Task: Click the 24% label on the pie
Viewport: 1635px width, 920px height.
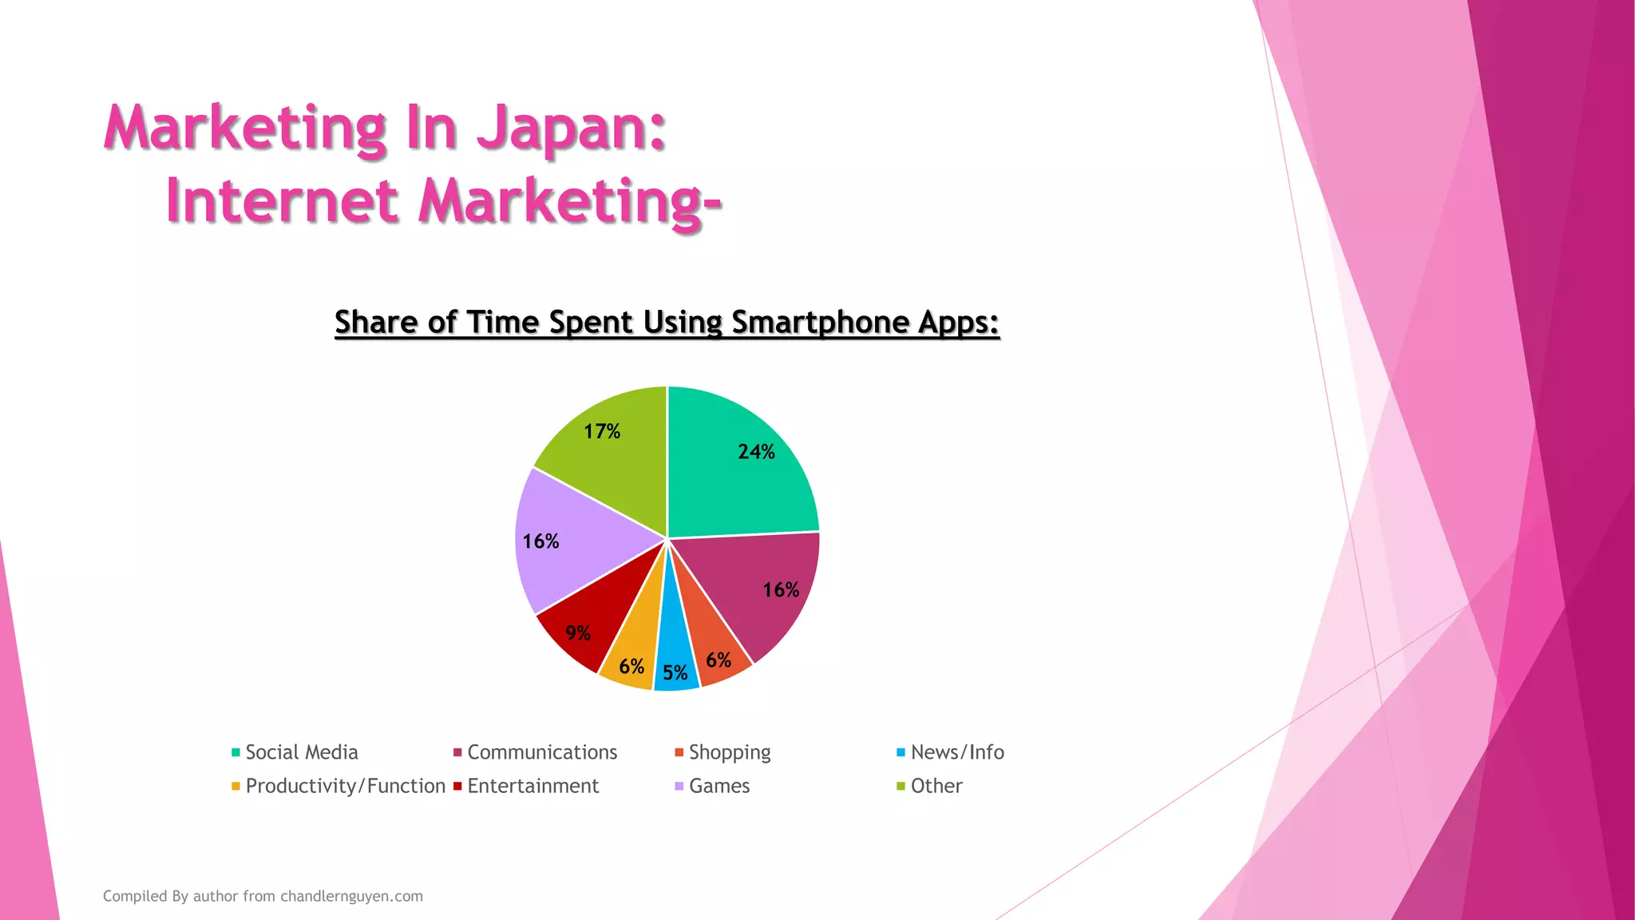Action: pos(756,452)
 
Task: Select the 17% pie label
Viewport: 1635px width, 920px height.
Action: pos(602,432)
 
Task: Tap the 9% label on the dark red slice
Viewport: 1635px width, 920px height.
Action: pos(578,633)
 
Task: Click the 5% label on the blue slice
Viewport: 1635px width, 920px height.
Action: pos(675,673)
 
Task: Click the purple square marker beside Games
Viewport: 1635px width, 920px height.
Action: pos(679,787)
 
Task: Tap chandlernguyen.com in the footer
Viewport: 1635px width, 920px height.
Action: pos(351,896)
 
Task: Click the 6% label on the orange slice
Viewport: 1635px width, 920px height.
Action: pos(719,660)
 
